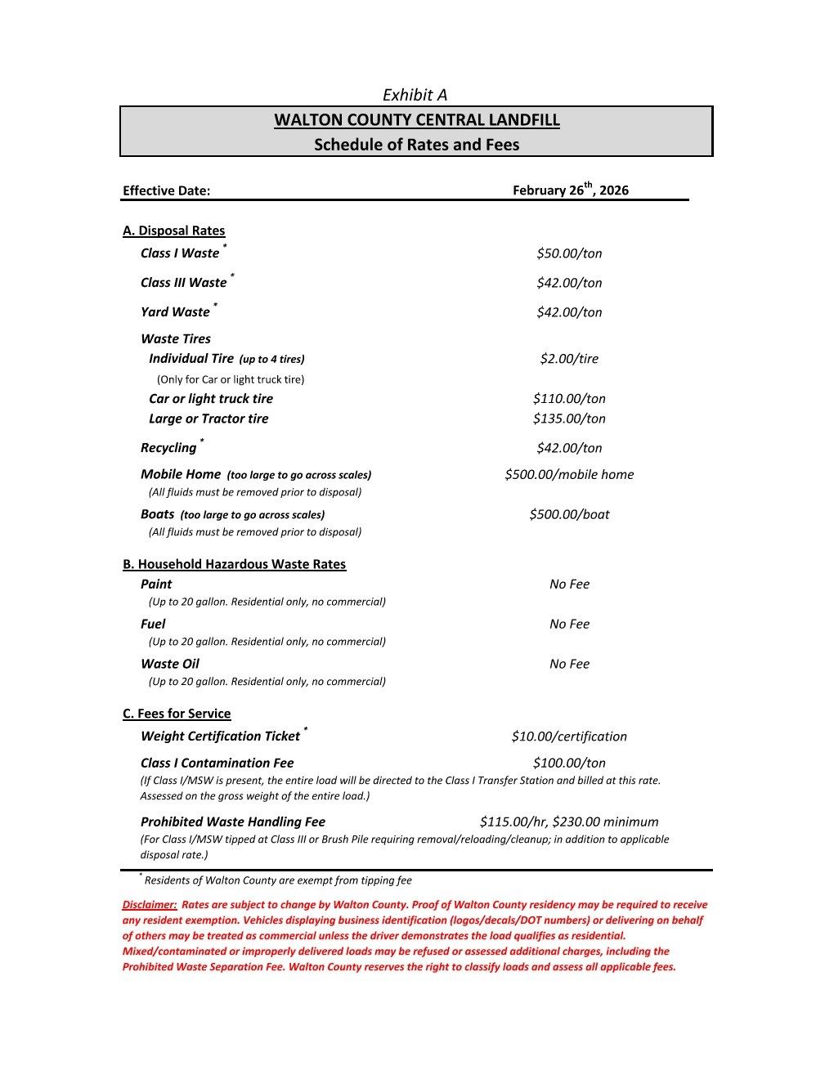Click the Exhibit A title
pyautogui.click(x=415, y=95)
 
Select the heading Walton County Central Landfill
pyautogui.click(x=416, y=120)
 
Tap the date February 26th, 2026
pyautogui.click(x=570, y=190)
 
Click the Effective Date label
pyautogui.click(x=166, y=190)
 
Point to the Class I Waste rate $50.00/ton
pyautogui.click(x=569, y=253)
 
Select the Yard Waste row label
pyautogui.click(x=175, y=311)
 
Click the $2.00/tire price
pyautogui.click(x=569, y=358)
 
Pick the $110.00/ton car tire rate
pyautogui.click(x=569, y=399)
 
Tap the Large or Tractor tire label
pyautogui.click(x=208, y=419)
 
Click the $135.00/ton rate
pyautogui.click(x=569, y=419)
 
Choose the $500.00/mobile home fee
pyautogui.click(x=569, y=474)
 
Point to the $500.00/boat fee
pyautogui.click(x=569, y=514)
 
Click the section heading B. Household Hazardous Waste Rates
pyautogui.click(x=234, y=564)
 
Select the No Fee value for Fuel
pyautogui.click(x=569, y=624)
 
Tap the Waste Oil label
pyautogui.click(x=169, y=664)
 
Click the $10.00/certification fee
pyautogui.click(x=569, y=736)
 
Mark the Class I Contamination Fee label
pyautogui.click(x=217, y=763)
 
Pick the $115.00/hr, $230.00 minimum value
pyautogui.click(x=569, y=822)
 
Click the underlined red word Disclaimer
pyautogui.click(x=149, y=905)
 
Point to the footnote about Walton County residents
pyautogui.click(x=277, y=880)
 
